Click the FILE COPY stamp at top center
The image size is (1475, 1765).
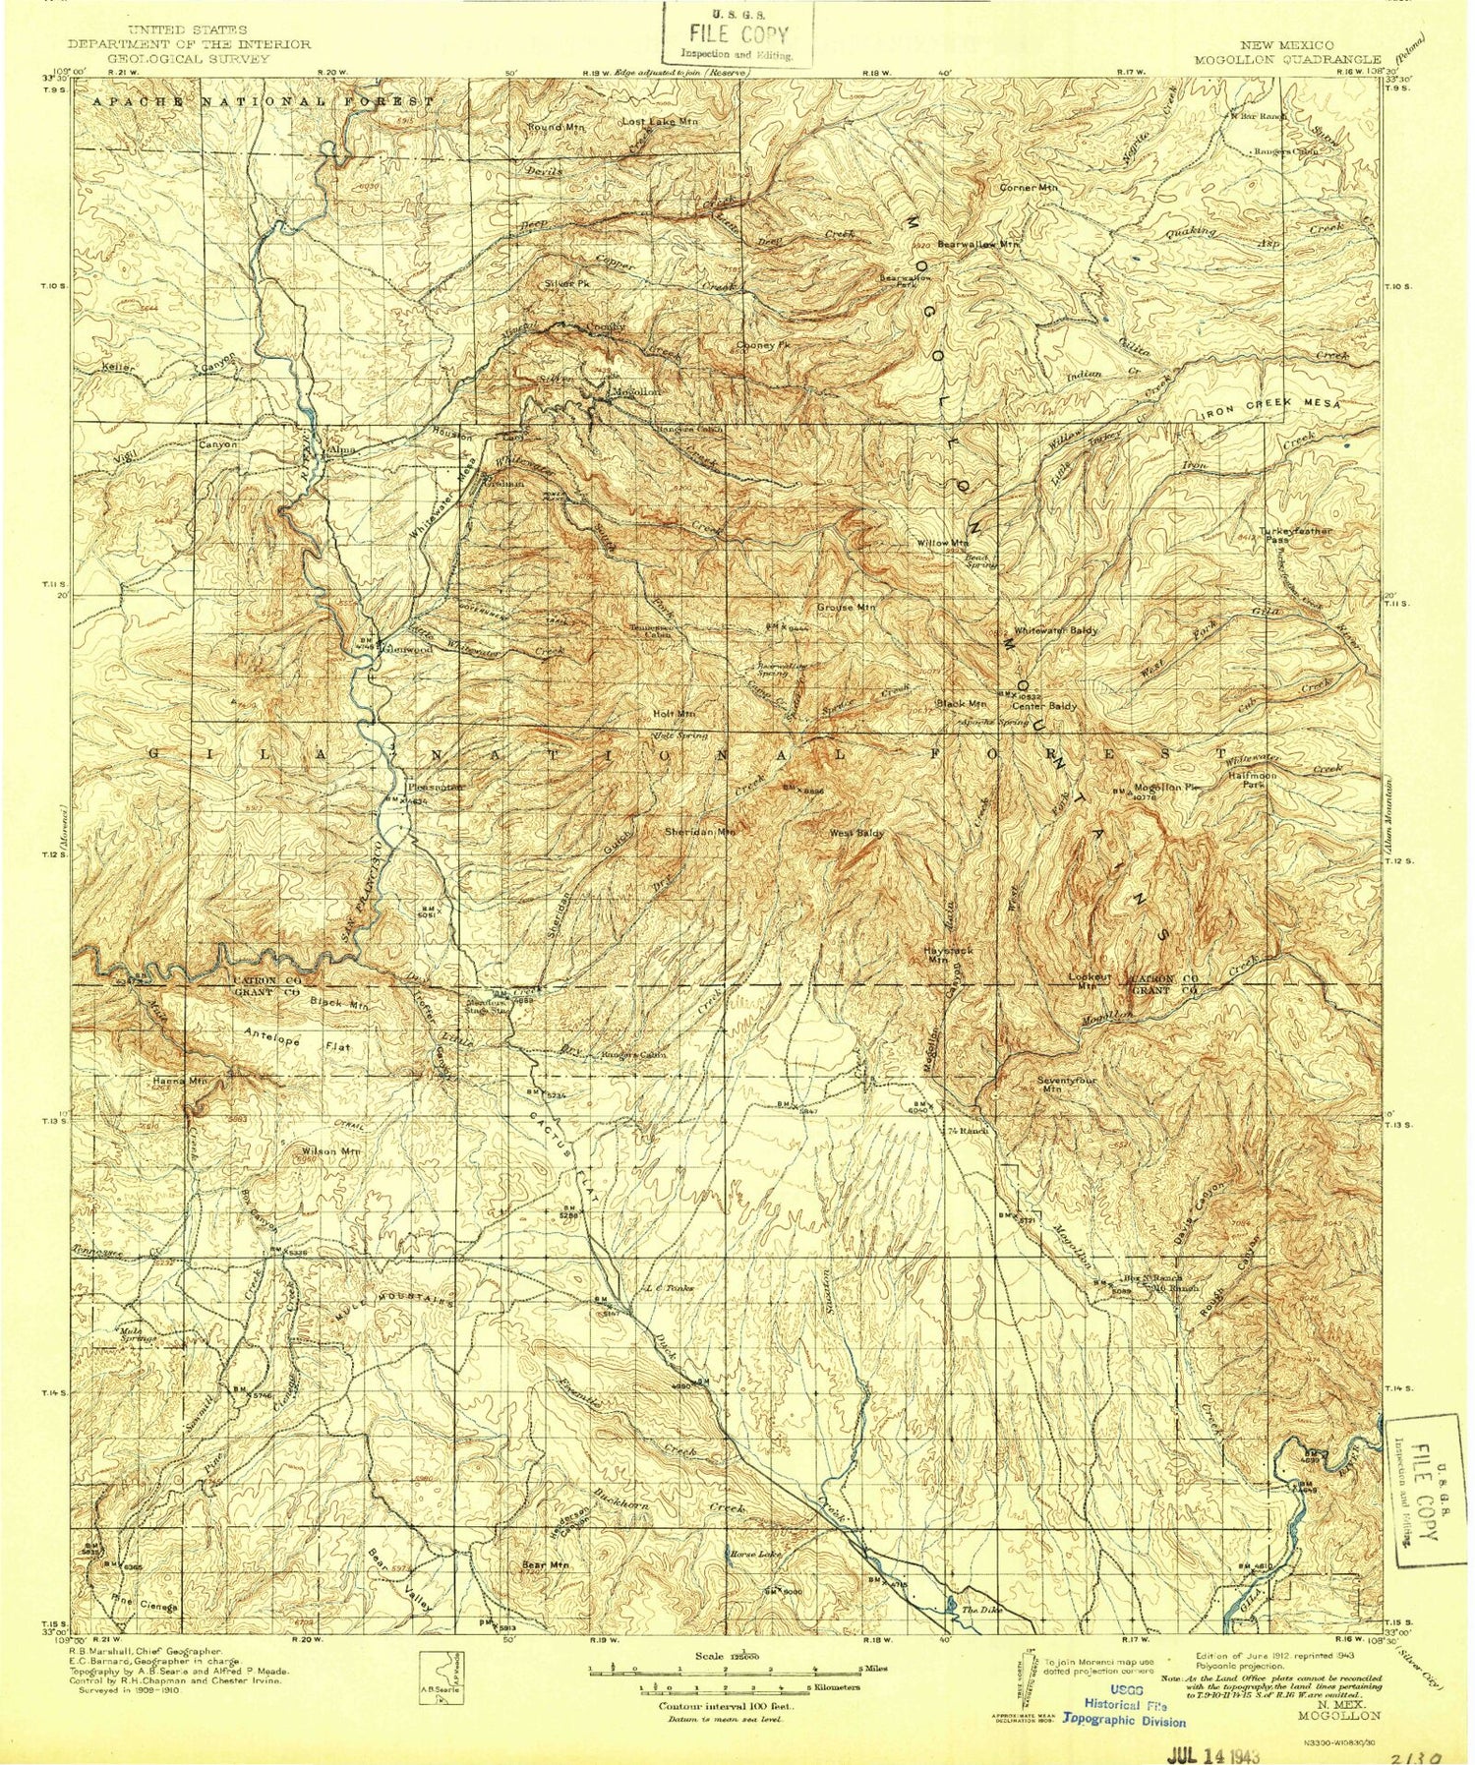point(738,34)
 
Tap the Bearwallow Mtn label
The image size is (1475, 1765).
point(978,243)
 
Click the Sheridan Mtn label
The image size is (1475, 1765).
point(700,831)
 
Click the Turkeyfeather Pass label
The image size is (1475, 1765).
point(1296,535)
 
